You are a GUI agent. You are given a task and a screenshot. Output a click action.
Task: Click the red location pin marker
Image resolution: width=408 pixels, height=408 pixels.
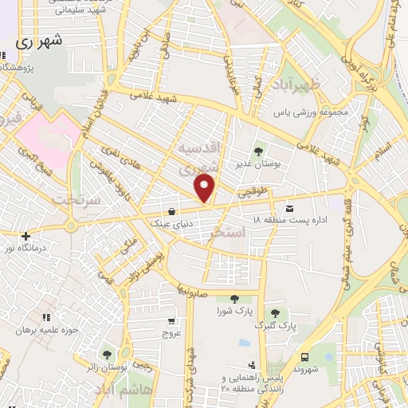[206, 188]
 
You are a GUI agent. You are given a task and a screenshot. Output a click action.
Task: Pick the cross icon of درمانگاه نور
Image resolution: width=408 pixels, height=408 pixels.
[26, 236]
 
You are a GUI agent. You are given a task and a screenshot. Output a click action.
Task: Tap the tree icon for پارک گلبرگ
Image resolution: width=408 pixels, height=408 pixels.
[274, 313]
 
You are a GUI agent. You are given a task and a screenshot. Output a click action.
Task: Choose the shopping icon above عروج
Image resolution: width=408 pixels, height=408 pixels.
[172, 321]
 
